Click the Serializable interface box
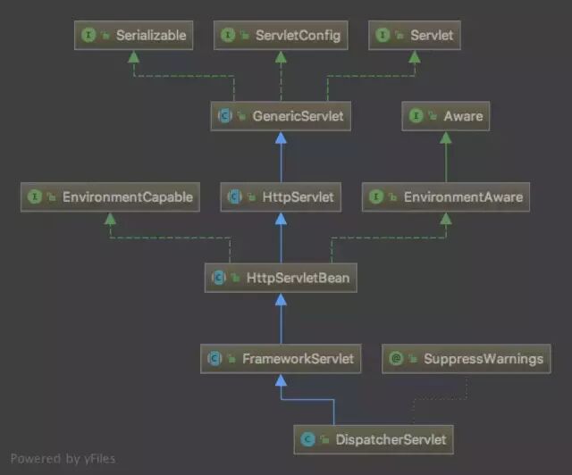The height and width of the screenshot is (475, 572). pyautogui.click(x=133, y=36)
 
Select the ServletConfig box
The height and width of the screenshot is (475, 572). pyautogui.click(x=281, y=36)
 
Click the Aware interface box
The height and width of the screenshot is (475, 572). pyautogui.click(x=445, y=116)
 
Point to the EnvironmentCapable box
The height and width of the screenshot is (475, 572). pyautogui.click(x=110, y=196)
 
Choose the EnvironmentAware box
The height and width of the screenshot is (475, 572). pyautogui.click(x=445, y=196)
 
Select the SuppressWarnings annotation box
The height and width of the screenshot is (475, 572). pyautogui.click(x=467, y=359)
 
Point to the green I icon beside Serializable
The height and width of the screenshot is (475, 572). pyautogui.click(x=88, y=36)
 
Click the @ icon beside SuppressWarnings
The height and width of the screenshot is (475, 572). pyautogui.click(x=397, y=359)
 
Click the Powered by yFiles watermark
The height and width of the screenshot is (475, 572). pyautogui.click(x=63, y=459)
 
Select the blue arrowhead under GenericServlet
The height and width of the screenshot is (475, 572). pyautogui.click(x=281, y=137)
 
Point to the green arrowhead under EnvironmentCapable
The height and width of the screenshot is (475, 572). pyautogui.click(x=110, y=217)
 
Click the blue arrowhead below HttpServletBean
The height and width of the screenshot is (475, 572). pyautogui.click(x=281, y=298)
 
